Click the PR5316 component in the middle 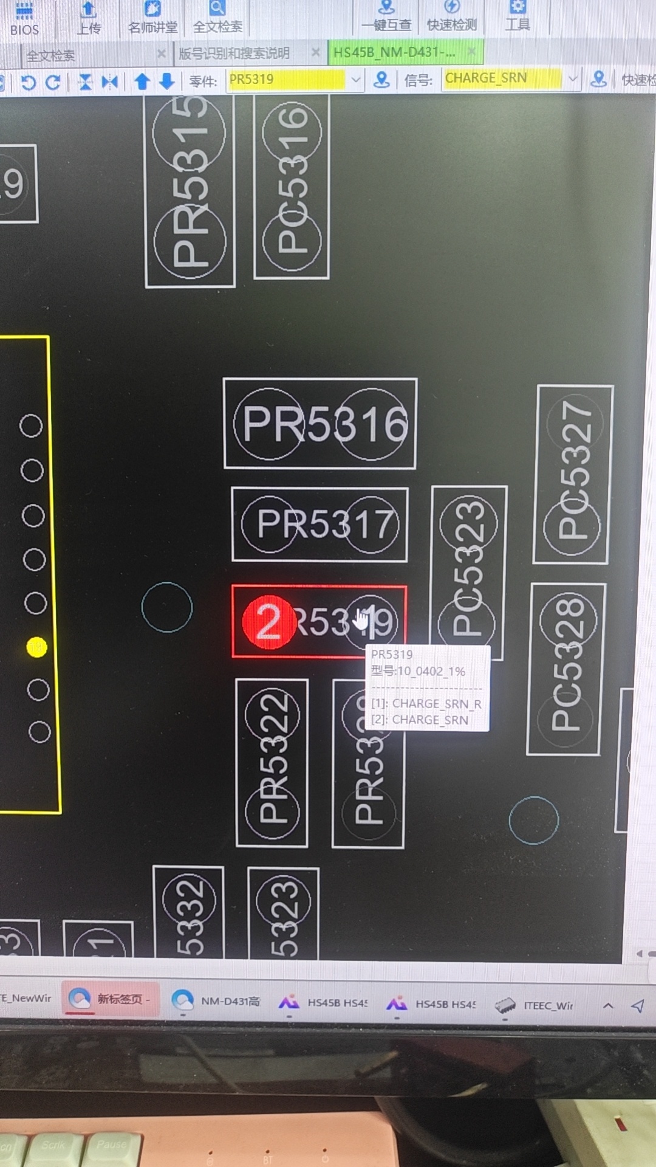pos(320,423)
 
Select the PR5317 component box pos(319,524)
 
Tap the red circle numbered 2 pos(268,622)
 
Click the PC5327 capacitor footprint pos(573,474)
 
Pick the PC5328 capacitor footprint pos(565,669)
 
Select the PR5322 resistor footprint pos(272,762)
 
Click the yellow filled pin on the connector pos(36,647)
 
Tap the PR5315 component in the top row pos(190,190)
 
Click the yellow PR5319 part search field pos(285,80)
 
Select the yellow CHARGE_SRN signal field pos(502,78)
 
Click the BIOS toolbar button pos(24,18)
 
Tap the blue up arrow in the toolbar pos(142,81)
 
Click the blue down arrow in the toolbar pos(167,81)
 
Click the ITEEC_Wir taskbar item pos(535,1005)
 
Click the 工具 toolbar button pos(518,17)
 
